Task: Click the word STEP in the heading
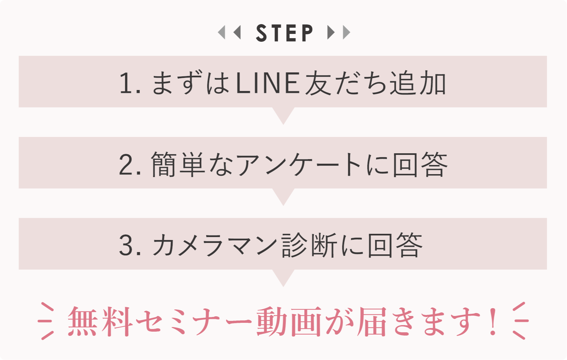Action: click(284, 33)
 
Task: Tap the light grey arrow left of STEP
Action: click(222, 33)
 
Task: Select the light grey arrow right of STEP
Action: click(346, 33)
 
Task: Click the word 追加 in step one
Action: click(418, 84)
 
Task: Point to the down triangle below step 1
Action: click(283, 115)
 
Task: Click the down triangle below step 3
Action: click(283, 277)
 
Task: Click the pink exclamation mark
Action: click(493, 322)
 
